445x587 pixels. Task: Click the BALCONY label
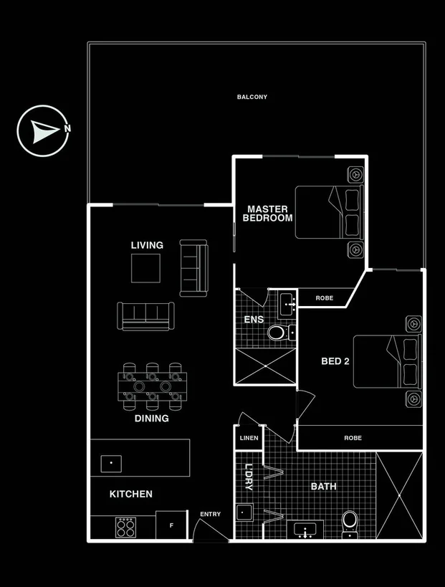pos(252,97)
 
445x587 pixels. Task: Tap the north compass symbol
pos(43,131)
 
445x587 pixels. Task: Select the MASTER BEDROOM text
pos(268,214)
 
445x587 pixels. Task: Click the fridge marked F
pos(171,525)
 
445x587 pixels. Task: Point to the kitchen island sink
pos(111,463)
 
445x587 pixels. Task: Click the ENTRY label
pos(211,514)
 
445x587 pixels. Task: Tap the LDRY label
pos(249,477)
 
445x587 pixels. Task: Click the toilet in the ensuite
pos(276,333)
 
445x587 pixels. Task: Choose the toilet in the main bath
pos(350,520)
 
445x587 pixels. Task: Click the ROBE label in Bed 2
pos(353,437)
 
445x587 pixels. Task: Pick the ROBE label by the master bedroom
pos(325,297)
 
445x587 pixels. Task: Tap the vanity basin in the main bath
pos(307,531)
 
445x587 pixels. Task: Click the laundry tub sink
pos(246,512)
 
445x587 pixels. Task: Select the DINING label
pos(152,419)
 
